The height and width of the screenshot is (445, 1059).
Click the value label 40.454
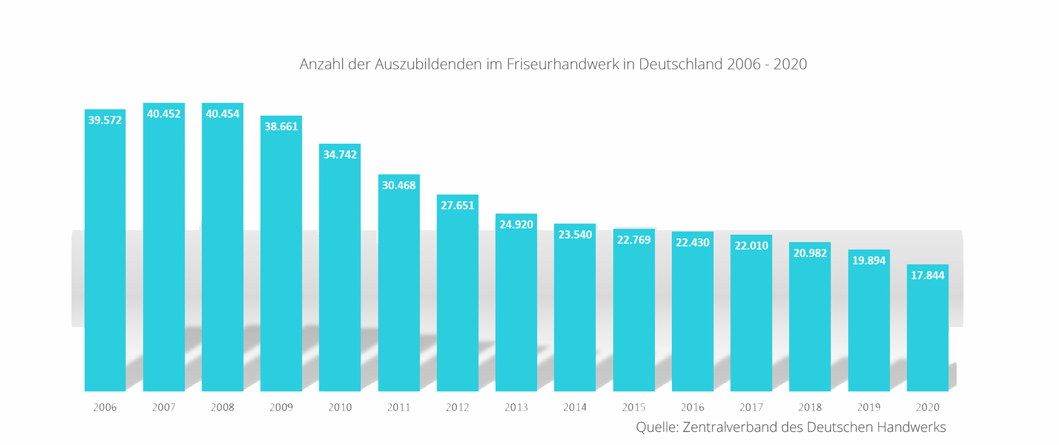pyautogui.click(x=222, y=114)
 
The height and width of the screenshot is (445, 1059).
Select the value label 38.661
pyautogui.click(x=281, y=127)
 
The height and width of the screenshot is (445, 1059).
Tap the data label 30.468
pyautogui.click(x=398, y=186)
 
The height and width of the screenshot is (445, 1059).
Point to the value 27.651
pyautogui.click(x=457, y=206)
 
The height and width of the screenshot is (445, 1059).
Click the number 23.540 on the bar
pyautogui.click(x=575, y=235)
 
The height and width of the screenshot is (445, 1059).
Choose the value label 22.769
pyautogui.click(x=634, y=240)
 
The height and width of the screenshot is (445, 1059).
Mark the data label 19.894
pyautogui.click(x=868, y=261)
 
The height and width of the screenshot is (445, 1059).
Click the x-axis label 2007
pyautogui.click(x=164, y=407)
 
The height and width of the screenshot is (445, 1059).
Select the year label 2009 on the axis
pyautogui.click(x=281, y=407)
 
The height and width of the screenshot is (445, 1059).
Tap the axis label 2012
pyautogui.click(x=457, y=407)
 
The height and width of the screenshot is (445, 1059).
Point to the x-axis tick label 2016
pyautogui.click(x=692, y=407)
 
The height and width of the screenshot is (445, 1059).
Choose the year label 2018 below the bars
pyautogui.click(x=809, y=407)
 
